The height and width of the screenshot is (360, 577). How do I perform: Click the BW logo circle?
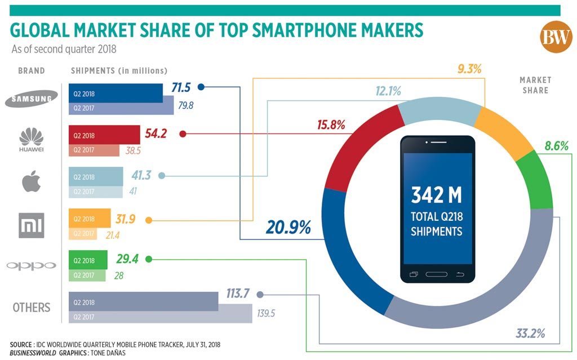coord(556,38)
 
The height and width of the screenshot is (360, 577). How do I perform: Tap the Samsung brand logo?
coord(32,99)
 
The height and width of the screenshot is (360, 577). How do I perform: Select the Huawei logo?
coord(32,139)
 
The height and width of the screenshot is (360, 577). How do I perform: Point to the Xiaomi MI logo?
coord(31,224)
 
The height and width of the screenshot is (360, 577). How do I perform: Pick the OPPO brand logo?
coord(31,265)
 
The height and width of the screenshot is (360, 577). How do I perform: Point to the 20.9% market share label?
coord(288,228)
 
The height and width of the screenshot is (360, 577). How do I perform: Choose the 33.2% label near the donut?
coord(530,333)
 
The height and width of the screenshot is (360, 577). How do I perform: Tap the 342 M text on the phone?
coord(436,195)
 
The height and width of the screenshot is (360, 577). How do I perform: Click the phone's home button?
coord(436,274)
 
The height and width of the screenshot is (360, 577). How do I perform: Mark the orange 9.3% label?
coord(469,69)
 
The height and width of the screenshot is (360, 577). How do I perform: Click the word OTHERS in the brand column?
coord(32,308)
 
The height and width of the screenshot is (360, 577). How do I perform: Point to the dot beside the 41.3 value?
coord(162,176)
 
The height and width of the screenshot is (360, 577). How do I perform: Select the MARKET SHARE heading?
coord(535,85)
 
